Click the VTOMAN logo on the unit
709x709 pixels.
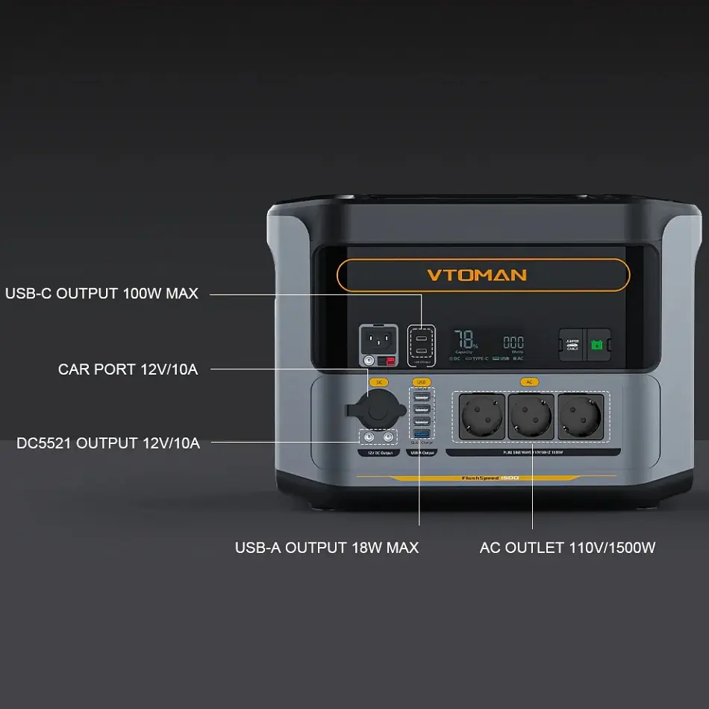[477, 275]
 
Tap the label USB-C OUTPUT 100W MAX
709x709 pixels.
[102, 294]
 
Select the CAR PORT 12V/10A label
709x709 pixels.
[128, 369]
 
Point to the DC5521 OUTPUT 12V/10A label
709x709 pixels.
[108, 443]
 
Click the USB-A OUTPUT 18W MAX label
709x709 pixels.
[327, 548]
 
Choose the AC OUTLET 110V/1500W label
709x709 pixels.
[567, 548]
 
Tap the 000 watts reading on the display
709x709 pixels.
[513, 342]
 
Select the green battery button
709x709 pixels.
[597, 345]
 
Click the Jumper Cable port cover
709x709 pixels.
[572, 345]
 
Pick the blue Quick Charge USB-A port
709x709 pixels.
[422, 434]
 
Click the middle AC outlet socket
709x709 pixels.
[531, 416]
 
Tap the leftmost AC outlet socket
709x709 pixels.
[481, 416]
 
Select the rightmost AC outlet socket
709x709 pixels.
[580, 416]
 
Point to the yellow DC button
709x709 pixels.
[378, 382]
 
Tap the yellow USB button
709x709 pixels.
[420, 382]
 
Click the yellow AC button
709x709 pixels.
[529, 382]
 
